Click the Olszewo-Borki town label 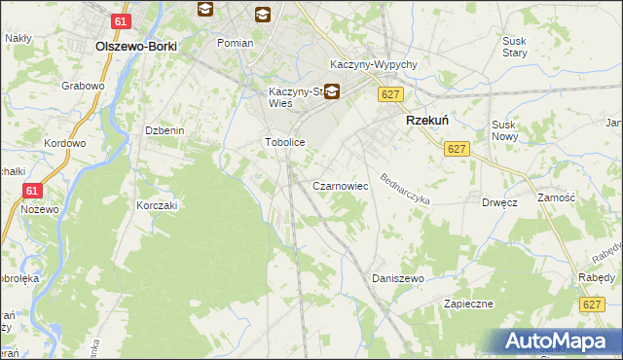pos(134,46)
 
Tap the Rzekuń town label pos(425,121)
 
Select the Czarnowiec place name pos(339,185)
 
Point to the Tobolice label pos(285,142)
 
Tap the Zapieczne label pos(469,304)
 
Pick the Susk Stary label pos(514,47)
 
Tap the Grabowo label pos(83,86)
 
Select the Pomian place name pos(236,43)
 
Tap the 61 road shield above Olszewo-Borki pos(120,21)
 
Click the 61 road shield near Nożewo pos(32,192)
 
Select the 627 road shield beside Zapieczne pos(591,305)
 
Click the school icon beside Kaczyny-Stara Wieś pos(332,92)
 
